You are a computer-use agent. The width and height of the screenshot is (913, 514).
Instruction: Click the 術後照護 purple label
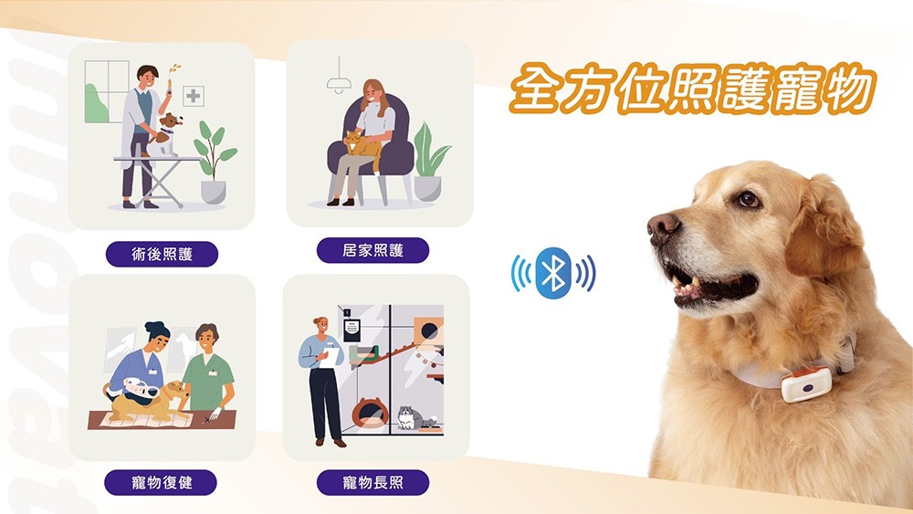[x=162, y=255]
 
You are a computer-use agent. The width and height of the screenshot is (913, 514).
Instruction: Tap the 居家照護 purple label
[x=373, y=251]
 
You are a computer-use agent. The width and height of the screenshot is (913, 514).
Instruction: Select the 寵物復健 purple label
[x=161, y=483]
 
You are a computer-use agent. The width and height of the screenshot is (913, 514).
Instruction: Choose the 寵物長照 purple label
[x=373, y=483]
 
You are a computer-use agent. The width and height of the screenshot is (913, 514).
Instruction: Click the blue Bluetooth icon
[x=553, y=274]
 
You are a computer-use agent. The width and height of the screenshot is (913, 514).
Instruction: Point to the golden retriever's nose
[x=663, y=226]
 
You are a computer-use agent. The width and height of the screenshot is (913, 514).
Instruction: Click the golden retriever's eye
[x=747, y=200]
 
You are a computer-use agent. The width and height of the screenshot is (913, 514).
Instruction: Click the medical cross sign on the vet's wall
[x=194, y=96]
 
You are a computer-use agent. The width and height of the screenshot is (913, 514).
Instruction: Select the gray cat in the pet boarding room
[x=414, y=417]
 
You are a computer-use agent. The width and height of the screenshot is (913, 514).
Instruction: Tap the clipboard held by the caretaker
[x=331, y=355]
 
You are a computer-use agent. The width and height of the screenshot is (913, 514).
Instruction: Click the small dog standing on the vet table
[x=166, y=134]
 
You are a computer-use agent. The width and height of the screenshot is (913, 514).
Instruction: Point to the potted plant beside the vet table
[x=214, y=163]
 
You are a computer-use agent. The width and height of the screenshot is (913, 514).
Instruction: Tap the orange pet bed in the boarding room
[x=370, y=413]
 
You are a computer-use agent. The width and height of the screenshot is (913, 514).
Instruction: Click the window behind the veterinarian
[x=107, y=91]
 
